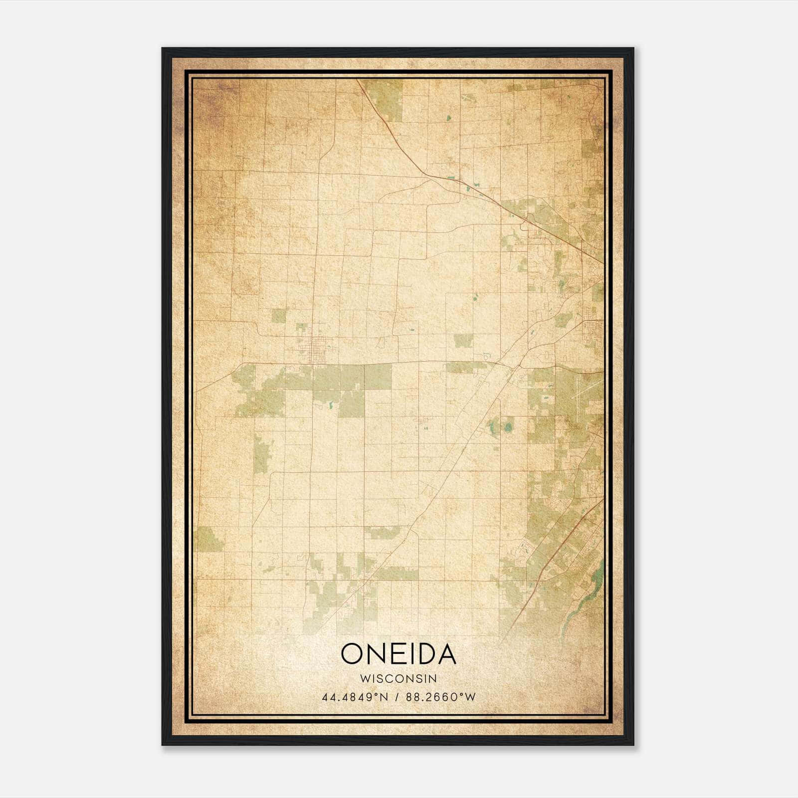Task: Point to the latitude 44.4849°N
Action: pyautogui.click(x=355, y=697)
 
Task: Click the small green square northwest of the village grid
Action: pyautogui.click(x=279, y=316)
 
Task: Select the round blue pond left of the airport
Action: pyautogui.click(x=509, y=427)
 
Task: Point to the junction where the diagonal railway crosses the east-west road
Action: pyautogui.click(x=512, y=367)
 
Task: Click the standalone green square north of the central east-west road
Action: pyautogui.click(x=463, y=341)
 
